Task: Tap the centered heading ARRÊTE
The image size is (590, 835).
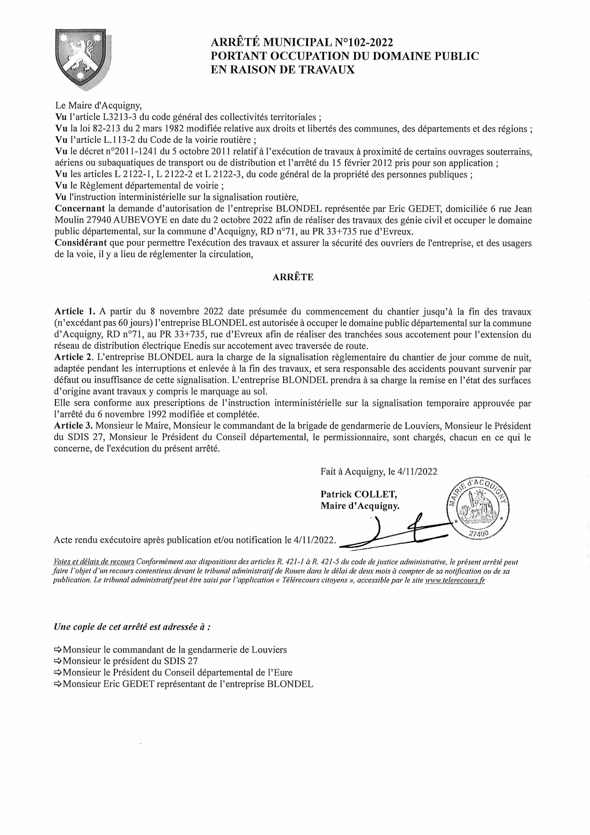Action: click(293, 277)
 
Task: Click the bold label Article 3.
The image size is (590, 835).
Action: click(75, 426)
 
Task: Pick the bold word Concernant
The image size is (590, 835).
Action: click(80, 209)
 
